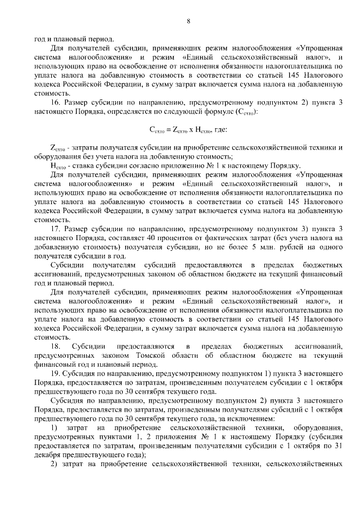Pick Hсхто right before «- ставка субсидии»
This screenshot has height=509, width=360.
coord(58,165)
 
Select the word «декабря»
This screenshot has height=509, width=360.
coord(47,455)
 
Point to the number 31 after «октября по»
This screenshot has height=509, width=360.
coord(336,446)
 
